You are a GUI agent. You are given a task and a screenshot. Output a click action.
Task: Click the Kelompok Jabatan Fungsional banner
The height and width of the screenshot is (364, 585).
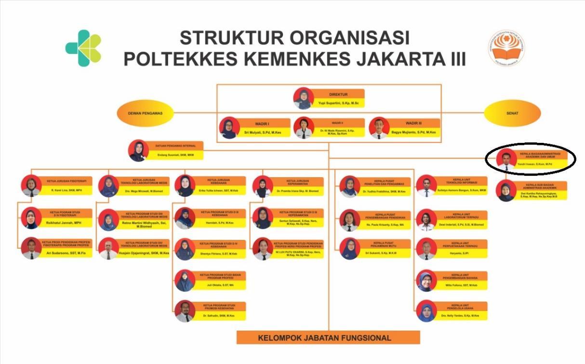click(329, 337)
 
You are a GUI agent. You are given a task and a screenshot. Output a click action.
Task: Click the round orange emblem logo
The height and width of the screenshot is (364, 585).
click(506, 48)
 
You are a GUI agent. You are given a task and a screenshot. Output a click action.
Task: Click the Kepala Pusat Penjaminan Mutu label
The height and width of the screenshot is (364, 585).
click(384, 243)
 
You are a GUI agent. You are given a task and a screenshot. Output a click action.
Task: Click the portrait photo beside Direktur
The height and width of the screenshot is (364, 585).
click(304, 98)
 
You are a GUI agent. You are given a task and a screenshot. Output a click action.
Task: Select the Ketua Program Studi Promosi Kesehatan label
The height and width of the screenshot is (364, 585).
click(218, 306)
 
